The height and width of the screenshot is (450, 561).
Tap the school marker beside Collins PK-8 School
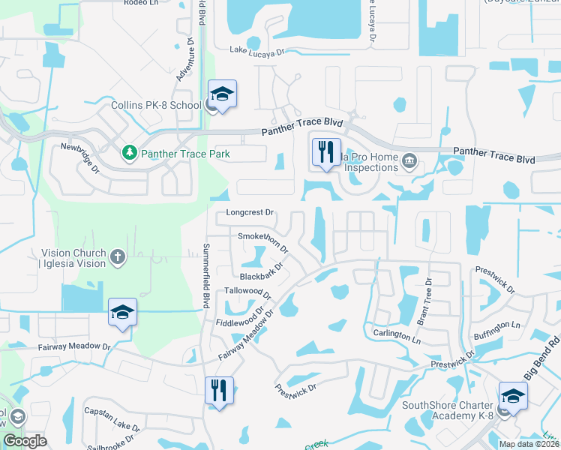pos(222,94)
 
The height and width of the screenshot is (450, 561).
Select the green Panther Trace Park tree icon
pos(129,154)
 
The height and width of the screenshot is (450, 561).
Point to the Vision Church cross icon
pos(117,258)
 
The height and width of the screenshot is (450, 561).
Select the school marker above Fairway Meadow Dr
pos(123,313)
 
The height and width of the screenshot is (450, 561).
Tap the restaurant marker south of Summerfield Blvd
pos(219,391)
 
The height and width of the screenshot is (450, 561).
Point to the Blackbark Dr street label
pos(261,272)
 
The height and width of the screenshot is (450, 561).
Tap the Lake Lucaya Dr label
pos(258,52)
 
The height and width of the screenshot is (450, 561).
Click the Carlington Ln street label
pos(396,335)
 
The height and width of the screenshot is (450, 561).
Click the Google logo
pos(25,441)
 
